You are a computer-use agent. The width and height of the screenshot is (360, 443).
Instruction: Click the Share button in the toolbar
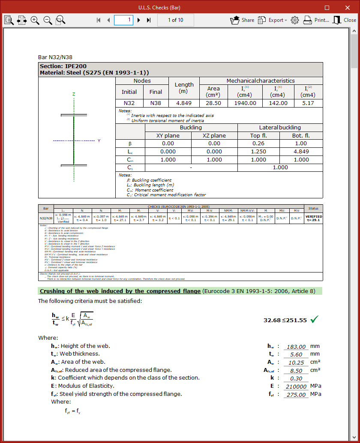(242, 20)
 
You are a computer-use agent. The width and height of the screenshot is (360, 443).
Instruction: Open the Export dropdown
(273, 20)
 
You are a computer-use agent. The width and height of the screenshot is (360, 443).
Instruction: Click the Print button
(316, 20)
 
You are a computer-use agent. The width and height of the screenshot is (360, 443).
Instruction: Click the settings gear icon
(294, 20)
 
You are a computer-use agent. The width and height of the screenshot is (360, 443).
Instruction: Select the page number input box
(123, 20)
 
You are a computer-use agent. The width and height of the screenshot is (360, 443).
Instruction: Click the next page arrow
(139, 20)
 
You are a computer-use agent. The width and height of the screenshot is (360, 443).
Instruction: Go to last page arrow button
(149, 20)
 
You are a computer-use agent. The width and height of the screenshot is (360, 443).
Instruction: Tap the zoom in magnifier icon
(35, 20)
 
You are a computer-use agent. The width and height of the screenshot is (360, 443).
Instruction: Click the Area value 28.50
(213, 103)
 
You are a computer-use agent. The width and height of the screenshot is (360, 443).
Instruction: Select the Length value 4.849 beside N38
(184, 103)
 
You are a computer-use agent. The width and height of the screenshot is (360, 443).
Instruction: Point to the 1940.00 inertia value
(246, 103)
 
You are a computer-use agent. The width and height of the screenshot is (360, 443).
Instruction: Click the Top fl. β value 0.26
(258, 144)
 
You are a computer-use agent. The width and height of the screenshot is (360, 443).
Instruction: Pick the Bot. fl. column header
(301, 135)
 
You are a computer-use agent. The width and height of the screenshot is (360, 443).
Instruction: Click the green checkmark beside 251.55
(315, 319)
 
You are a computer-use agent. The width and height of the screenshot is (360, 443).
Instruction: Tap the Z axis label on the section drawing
(74, 94)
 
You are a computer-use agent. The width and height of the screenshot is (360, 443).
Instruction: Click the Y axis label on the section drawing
(99, 141)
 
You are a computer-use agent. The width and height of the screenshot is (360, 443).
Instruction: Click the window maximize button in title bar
(327, 8)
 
